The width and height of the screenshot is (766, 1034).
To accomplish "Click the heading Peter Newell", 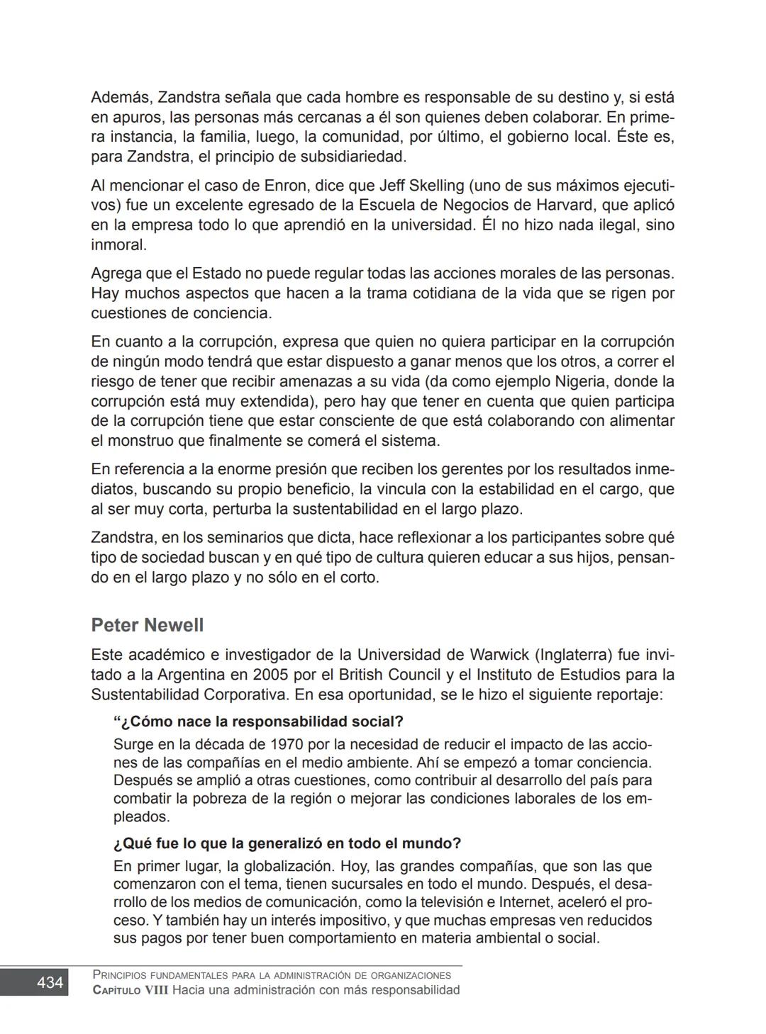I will (147, 625).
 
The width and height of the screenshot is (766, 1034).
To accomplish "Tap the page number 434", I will (50, 982).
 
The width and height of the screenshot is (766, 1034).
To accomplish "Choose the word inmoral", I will (118, 245).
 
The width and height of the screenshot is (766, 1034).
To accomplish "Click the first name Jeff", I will (392, 186).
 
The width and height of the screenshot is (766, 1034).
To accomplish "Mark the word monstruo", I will (141, 441).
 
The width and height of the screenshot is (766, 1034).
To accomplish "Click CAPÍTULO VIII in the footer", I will (131, 990).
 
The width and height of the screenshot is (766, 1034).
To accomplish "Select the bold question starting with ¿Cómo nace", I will (258, 721).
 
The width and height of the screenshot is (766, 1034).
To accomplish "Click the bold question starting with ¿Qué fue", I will (287, 843).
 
